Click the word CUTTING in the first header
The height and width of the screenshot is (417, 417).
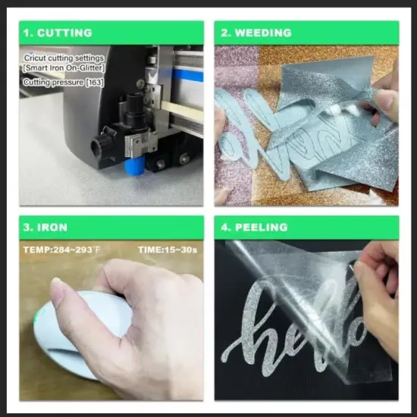pyautogui.click(x=64, y=33)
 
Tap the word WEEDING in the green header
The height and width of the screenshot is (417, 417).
pyautogui.click(x=263, y=33)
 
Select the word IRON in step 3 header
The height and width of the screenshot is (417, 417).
pyautogui.click(x=52, y=227)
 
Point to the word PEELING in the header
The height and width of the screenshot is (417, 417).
pyautogui.click(x=262, y=227)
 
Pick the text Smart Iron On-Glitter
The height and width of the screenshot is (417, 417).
pyautogui.click(x=64, y=68)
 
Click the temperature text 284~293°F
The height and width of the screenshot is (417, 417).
pyautogui.click(x=77, y=250)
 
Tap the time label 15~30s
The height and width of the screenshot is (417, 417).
pyautogui.click(x=181, y=250)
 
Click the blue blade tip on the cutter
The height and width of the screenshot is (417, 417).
pyautogui.click(x=135, y=166)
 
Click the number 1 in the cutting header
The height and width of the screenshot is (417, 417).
pyautogui.click(x=27, y=33)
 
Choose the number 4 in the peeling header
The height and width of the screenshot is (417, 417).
pyautogui.click(x=224, y=227)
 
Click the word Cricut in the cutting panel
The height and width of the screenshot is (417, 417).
pyautogui.click(x=34, y=58)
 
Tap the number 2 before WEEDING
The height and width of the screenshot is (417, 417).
pyautogui.click(x=224, y=33)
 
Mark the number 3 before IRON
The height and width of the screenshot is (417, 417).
pyautogui.click(x=27, y=227)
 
